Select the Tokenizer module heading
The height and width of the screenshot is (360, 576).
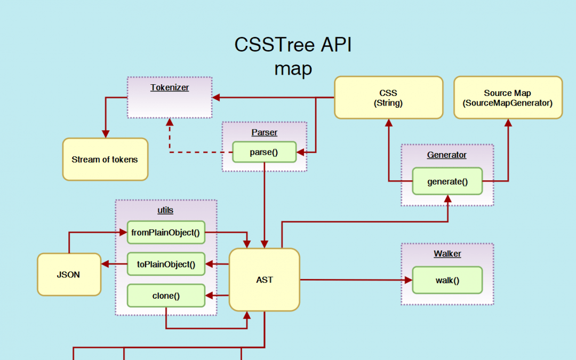tap(170, 87)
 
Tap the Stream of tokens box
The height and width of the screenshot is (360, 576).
tap(105, 159)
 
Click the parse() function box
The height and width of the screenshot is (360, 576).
tap(264, 152)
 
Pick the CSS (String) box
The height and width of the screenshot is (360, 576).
tap(388, 98)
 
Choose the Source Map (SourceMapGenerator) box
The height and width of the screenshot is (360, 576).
tap(508, 98)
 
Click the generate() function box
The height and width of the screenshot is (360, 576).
tap(447, 181)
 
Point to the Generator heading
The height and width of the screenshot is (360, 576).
tap(447, 155)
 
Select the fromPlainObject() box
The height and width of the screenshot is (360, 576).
tap(166, 233)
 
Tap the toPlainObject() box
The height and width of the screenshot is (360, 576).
tap(166, 263)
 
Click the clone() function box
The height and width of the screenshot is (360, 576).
tap(166, 295)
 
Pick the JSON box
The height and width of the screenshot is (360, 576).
tap(69, 275)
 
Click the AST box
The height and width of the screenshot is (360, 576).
tap(264, 279)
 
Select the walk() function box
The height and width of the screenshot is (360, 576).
tap(447, 280)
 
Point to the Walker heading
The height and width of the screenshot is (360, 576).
tap(447, 254)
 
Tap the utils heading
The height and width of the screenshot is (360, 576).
tap(166, 210)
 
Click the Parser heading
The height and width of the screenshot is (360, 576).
tap(264, 132)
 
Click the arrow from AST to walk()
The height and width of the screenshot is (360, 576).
tap(355, 279)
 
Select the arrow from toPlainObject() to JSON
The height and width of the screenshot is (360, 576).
tap(114, 263)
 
